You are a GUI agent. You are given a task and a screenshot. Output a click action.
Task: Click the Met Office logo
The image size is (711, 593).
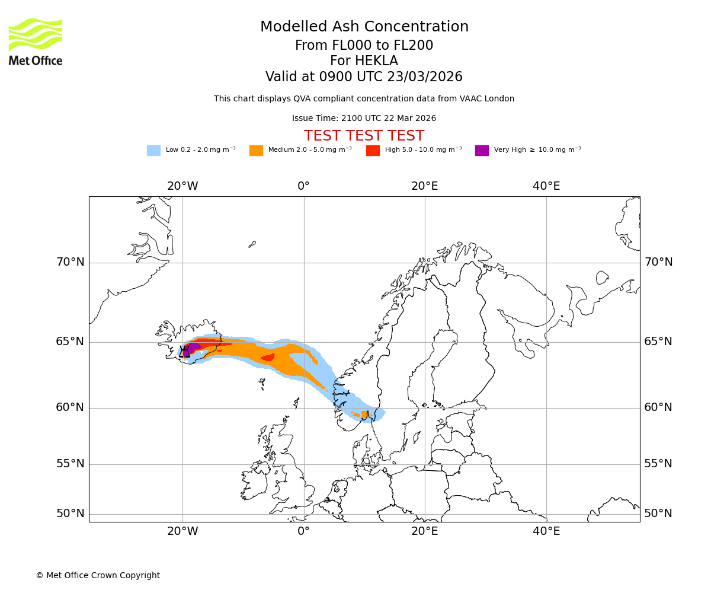click(x=36, y=42)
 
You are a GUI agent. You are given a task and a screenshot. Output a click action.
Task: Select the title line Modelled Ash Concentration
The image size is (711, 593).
click(x=364, y=27)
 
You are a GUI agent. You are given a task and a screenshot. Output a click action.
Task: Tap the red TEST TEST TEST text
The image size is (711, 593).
click(x=364, y=136)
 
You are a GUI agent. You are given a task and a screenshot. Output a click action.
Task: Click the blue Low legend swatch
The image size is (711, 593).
click(x=153, y=150)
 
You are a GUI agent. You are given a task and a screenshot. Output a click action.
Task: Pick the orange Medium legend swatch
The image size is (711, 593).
click(x=256, y=150)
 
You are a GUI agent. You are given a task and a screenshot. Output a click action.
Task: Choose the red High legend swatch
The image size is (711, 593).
click(x=373, y=150)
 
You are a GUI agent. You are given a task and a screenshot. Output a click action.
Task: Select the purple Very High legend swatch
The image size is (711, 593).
click(x=482, y=150)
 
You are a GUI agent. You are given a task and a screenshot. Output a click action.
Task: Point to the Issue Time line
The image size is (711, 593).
click(x=364, y=118)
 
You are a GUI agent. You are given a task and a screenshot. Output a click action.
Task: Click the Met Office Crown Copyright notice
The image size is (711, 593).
click(x=98, y=575)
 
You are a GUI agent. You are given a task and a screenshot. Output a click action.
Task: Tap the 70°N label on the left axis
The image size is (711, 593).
click(x=70, y=262)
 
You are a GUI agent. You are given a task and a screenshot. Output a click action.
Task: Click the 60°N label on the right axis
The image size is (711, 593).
click(x=658, y=407)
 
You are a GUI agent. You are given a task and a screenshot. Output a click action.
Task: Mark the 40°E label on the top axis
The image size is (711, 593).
click(x=546, y=186)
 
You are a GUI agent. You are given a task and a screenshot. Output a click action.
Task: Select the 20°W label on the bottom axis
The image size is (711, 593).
click(x=182, y=531)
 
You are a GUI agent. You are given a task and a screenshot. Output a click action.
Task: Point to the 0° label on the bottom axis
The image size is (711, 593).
click(x=303, y=531)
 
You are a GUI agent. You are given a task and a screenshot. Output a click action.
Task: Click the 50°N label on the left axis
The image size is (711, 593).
click(x=70, y=514)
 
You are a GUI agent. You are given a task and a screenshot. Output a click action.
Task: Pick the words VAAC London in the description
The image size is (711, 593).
click(x=489, y=99)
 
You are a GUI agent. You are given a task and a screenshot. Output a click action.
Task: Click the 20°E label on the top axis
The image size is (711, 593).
click(x=424, y=186)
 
